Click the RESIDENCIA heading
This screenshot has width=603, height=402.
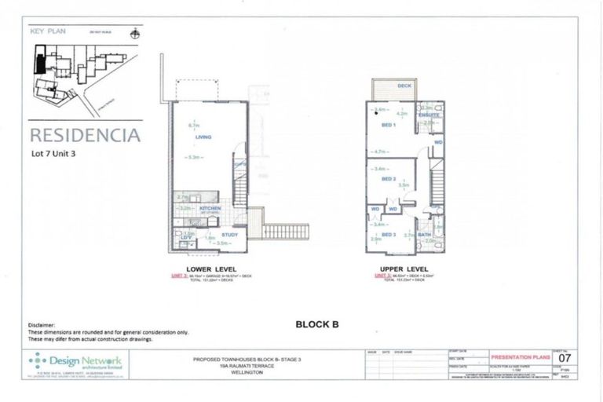click(x=85, y=134)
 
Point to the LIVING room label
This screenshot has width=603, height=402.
click(x=204, y=137)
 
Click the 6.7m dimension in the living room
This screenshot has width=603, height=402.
click(x=191, y=125)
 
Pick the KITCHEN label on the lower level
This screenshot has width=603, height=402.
click(x=210, y=208)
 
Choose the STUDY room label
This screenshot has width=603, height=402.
click(x=231, y=234)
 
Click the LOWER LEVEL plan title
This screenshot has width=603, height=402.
click(x=203, y=268)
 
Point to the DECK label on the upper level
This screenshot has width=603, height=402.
click(x=404, y=86)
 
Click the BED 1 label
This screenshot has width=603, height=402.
click(x=388, y=125)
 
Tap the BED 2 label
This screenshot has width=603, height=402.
click(x=388, y=179)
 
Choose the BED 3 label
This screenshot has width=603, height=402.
click(x=388, y=234)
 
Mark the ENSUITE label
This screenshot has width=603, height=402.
click(x=429, y=115)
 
